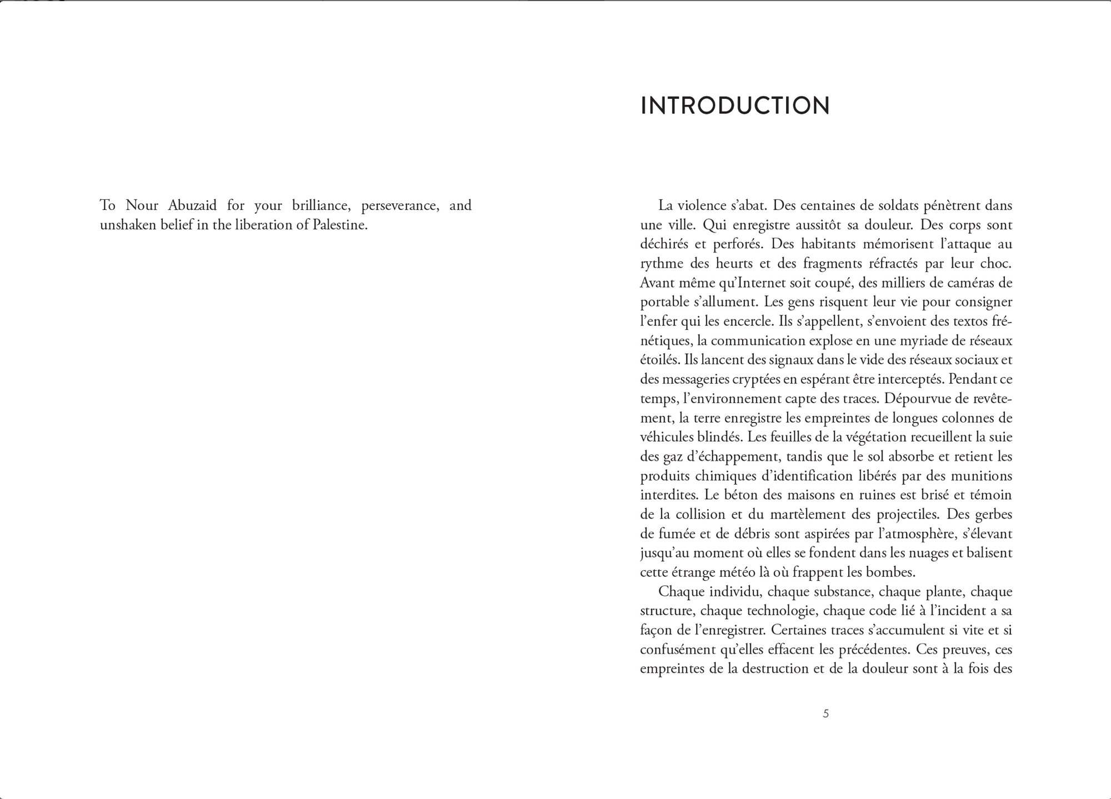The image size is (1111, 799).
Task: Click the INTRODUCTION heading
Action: pos(735,105)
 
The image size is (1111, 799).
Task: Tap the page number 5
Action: pos(825,713)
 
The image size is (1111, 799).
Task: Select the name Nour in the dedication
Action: pos(142,205)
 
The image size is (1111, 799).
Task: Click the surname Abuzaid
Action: pos(192,205)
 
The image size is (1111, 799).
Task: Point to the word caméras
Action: pos(966,283)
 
